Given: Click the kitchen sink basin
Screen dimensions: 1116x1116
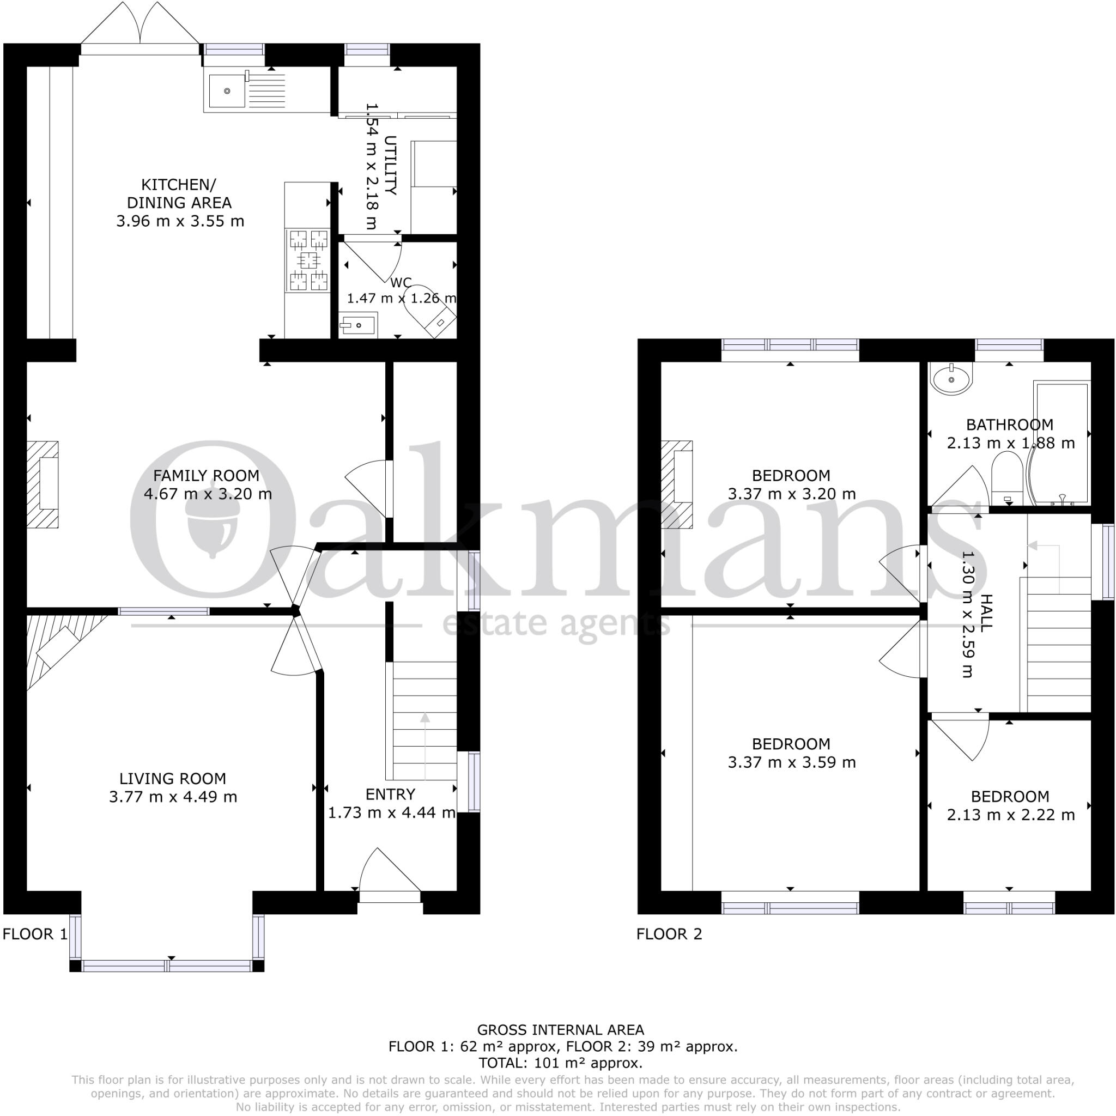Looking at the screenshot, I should (x=227, y=90).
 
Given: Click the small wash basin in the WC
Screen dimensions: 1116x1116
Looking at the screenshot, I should (x=357, y=326).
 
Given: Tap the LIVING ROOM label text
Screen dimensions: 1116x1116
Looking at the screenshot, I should (x=173, y=779).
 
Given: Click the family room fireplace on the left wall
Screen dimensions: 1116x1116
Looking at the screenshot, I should (x=44, y=484).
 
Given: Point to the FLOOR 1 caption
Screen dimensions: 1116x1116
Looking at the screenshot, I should (x=35, y=934).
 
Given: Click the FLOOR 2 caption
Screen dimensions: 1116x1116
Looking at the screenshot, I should (x=669, y=934).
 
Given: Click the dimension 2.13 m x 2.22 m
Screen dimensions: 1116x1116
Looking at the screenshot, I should (x=1010, y=815).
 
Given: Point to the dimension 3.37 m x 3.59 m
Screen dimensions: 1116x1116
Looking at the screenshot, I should (x=791, y=762).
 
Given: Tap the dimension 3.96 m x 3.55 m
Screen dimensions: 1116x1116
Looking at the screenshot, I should (x=180, y=221).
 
